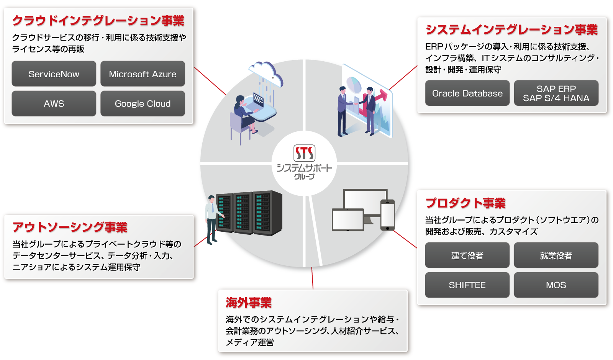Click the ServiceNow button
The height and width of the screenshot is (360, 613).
click(x=54, y=74)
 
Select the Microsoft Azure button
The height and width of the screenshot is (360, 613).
click(x=143, y=74)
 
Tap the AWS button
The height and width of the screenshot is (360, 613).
click(x=54, y=103)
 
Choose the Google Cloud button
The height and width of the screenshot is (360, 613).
click(x=143, y=103)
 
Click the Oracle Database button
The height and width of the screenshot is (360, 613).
click(x=467, y=93)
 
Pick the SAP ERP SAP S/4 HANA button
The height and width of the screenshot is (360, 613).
click(x=556, y=93)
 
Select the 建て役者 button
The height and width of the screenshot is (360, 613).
click(x=467, y=255)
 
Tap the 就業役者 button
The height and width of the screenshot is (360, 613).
click(x=556, y=255)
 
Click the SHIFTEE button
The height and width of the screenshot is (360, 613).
click(x=467, y=285)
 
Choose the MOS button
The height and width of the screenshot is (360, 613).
click(x=556, y=285)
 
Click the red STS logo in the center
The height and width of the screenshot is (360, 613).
click(x=304, y=153)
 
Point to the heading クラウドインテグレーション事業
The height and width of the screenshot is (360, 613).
click(x=98, y=21)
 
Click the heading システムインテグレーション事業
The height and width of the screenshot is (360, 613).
click(x=511, y=30)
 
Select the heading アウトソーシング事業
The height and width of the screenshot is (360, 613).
click(x=70, y=227)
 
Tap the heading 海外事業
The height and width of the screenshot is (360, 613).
click(x=248, y=303)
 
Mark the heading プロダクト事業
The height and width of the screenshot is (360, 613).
click(x=465, y=203)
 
